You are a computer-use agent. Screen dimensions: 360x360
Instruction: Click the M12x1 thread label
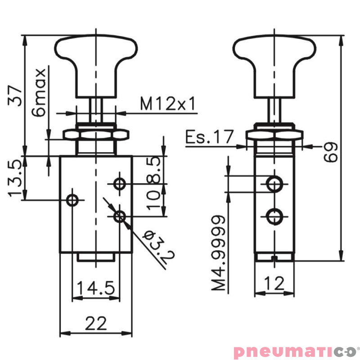click(x=168, y=104)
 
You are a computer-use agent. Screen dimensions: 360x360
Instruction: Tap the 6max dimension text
click(x=40, y=93)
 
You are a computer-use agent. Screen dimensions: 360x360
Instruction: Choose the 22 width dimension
click(x=96, y=324)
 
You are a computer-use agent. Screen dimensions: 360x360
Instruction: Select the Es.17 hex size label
click(x=210, y=136)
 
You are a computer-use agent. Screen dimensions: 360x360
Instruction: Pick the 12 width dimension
click(x=274, y=283)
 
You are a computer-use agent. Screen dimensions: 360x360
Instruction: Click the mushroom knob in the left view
click(x=95, y=58)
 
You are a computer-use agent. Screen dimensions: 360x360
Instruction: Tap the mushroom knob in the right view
click(x=274, y=58)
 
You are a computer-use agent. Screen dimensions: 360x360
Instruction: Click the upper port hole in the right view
click(x=274, y=184)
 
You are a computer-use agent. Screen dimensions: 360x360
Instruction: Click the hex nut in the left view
click(x=95, y=135)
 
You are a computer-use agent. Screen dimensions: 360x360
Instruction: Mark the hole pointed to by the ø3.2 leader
click(x=119, y=216)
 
